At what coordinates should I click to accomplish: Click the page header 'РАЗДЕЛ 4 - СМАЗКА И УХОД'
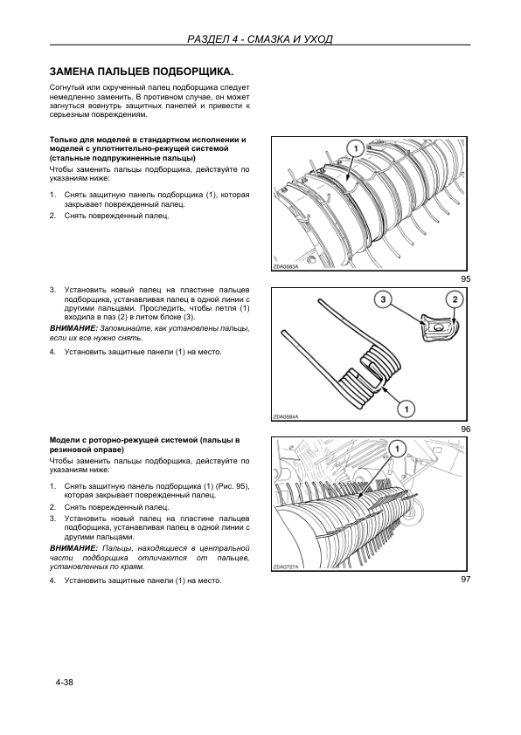[260, 38]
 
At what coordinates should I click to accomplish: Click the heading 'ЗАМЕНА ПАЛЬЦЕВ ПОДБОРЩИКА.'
[142, 72]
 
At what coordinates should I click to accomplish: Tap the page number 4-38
[64, 682]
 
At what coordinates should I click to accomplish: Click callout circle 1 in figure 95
[355, 148]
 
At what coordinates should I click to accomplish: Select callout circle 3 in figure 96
[384, 299]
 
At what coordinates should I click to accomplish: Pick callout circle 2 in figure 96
[454, 299]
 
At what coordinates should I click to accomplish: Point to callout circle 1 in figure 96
[406, 409]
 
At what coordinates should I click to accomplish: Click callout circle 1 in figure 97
[397, 450]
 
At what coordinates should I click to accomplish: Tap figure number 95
[465, 279]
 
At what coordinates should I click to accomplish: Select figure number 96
[465, 429]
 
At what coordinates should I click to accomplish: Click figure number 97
[465, 580]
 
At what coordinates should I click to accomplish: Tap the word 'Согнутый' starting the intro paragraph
[66, 87]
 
